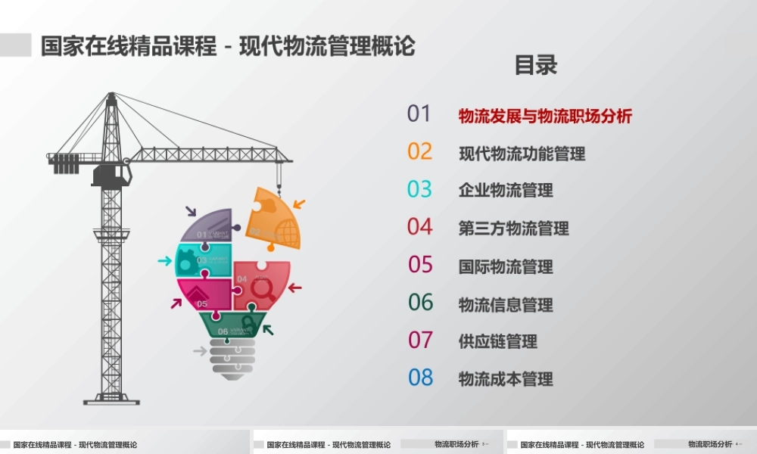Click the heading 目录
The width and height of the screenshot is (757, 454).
[536, 65]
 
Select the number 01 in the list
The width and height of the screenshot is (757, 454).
[419, 113]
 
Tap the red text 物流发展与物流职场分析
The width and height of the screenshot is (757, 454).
[545, 116]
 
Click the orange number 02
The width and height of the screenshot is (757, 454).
[419, 151]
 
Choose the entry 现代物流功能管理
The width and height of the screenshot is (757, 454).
[522, 154]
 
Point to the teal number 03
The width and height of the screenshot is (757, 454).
[419, 189]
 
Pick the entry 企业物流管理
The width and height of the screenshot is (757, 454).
[506, 191]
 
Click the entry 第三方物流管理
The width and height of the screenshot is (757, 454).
[513, 229]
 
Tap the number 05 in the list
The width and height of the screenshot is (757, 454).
[420, 265]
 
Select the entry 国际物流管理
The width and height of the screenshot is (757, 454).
[506, 266]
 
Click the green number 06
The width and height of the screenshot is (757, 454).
[420, 303]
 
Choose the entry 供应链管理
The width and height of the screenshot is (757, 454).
[497, 341]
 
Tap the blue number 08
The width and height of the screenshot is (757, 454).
[420, 378]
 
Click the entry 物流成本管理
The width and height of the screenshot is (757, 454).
[506, 379]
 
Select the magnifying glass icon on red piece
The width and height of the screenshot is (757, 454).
[263, 288]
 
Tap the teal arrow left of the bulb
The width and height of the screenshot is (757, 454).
[164, 261]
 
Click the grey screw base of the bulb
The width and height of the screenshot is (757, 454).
[232, 357]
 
